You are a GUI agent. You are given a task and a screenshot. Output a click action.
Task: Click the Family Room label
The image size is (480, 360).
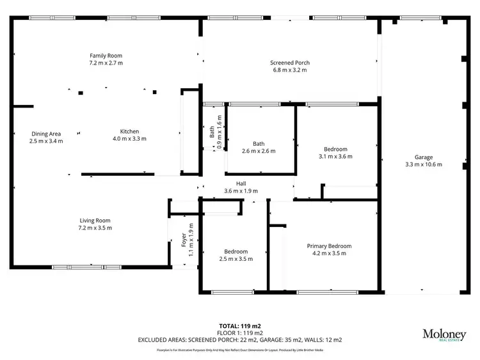click(x=106, y=56)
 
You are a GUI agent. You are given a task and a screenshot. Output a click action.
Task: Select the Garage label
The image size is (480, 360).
click(x=423, y=157)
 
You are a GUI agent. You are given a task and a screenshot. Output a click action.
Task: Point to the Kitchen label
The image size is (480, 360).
click(x=129, y=131)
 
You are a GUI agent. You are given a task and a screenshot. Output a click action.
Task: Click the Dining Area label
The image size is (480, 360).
click(x=46, y=134)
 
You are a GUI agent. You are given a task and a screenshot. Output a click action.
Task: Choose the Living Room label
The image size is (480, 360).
click(x=95, y=221)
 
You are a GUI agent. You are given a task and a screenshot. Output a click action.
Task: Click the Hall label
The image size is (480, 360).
click(x=241, y=183)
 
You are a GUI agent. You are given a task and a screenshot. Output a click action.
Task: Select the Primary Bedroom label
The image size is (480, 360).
click(x=329, y=246)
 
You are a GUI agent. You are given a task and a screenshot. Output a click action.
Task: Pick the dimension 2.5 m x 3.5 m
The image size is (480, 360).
click(x=236, y=259)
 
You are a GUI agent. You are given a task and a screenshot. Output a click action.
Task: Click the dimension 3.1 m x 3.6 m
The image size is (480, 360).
click(x=335, y=156)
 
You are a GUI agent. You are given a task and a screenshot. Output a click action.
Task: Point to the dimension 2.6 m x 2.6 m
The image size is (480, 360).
click(x=259, y=152)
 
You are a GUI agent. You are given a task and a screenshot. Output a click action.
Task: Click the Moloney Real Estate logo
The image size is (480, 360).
click(x=443, y=335)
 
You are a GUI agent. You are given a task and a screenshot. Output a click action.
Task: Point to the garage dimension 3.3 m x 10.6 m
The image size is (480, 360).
click(x=423, y=164)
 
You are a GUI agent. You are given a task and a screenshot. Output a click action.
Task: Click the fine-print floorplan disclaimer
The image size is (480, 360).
click(x=240, y=350)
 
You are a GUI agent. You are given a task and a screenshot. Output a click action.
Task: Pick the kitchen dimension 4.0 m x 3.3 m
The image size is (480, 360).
click(x=129, y=139)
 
